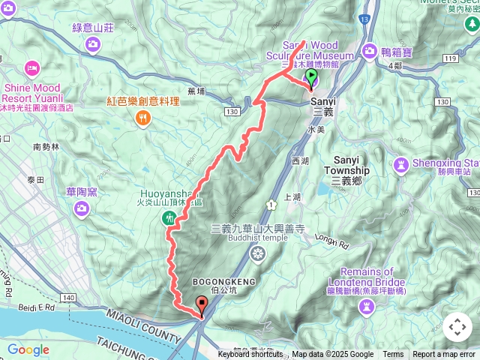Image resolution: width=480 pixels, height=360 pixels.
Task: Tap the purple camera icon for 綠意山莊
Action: click(92, 44)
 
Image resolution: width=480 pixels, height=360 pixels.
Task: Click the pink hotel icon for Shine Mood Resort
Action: click(32, 69)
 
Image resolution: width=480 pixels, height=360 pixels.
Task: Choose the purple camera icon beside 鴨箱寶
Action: click(370, 51)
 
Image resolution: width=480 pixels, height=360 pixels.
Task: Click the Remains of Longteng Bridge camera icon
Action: click(367, 304)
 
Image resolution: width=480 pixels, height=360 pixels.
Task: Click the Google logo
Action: click(28, 349)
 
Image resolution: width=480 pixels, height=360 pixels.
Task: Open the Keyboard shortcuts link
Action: click(250, 355)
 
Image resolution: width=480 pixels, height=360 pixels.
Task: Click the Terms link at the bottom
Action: click(393, 355)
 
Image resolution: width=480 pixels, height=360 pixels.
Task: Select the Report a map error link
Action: click(444, 355)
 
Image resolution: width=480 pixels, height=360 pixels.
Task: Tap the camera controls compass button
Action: click(457, 328)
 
